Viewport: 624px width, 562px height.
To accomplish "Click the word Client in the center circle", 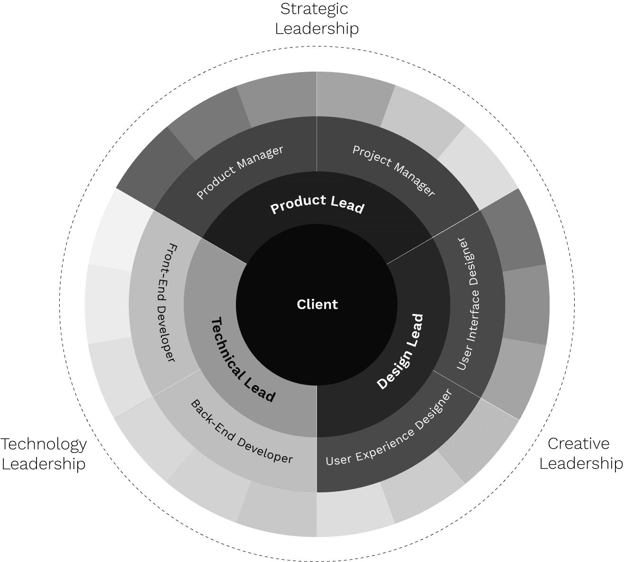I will [x=317, y=304].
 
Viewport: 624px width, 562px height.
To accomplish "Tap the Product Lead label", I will [x=317, y=204].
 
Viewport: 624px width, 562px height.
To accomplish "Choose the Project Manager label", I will [x=394, y=171].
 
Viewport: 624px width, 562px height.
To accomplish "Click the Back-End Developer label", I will [x=242, y=432].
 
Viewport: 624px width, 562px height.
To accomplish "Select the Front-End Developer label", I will [x=166, y=303].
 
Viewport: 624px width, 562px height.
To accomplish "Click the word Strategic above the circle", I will [x=314, y=9].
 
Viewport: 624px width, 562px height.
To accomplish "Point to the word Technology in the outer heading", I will [x=44, y=444].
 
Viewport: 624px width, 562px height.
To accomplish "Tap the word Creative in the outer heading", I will [x=578, y=444].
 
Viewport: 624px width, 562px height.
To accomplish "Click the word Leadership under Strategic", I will [x=317, y=29].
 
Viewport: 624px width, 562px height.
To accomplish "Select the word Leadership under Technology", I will [x=44, y=464].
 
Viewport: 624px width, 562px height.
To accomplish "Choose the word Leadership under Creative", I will [x=581, y=464].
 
